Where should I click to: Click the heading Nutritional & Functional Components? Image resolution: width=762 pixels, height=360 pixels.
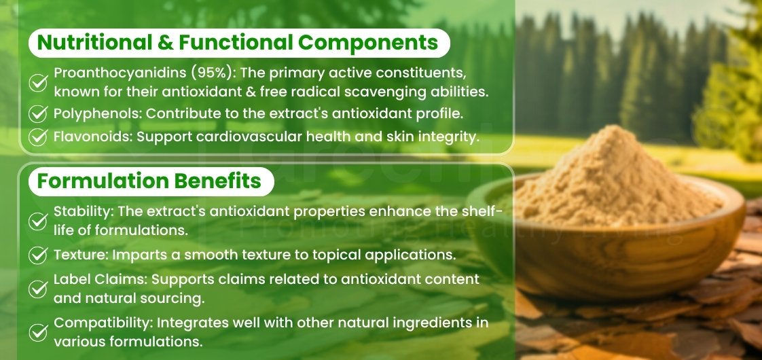(x=238, y=43)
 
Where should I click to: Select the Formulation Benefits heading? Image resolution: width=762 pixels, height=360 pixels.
(x=149, y=181)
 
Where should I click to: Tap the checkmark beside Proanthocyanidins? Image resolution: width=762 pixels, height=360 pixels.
(x=39, y=83)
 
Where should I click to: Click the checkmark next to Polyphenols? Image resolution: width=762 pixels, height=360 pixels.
(x=39, y=113)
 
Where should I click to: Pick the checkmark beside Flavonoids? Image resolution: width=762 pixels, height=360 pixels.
(x=39, y=137)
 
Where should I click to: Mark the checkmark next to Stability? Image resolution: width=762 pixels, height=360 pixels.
(x=39, y=221)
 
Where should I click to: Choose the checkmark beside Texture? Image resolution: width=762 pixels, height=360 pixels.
(x=39, y=255)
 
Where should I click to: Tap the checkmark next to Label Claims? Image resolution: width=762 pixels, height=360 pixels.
(x=39, y=289)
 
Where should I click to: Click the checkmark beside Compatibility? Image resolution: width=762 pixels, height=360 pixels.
(x=39, y=331)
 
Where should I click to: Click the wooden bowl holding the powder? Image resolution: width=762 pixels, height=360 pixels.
(x=611, y=262)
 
